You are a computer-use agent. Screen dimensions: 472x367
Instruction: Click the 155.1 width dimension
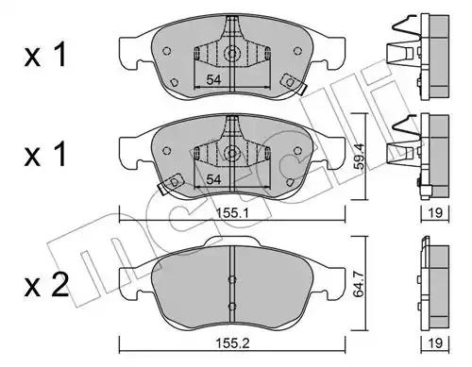pos(232,213)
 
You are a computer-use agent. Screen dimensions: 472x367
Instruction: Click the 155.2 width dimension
pos(232,343)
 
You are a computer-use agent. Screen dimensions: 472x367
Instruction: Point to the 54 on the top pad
pos(213,79)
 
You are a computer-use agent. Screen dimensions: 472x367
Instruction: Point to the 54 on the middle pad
pos(213,179)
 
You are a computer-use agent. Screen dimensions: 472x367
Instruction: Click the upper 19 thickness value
pos(435,213)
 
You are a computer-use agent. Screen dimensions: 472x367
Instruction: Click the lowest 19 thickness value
pos(435,342)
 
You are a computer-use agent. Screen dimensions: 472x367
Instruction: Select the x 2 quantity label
pos(46,285)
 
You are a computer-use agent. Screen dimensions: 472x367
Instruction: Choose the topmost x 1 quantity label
pos(45,55)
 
